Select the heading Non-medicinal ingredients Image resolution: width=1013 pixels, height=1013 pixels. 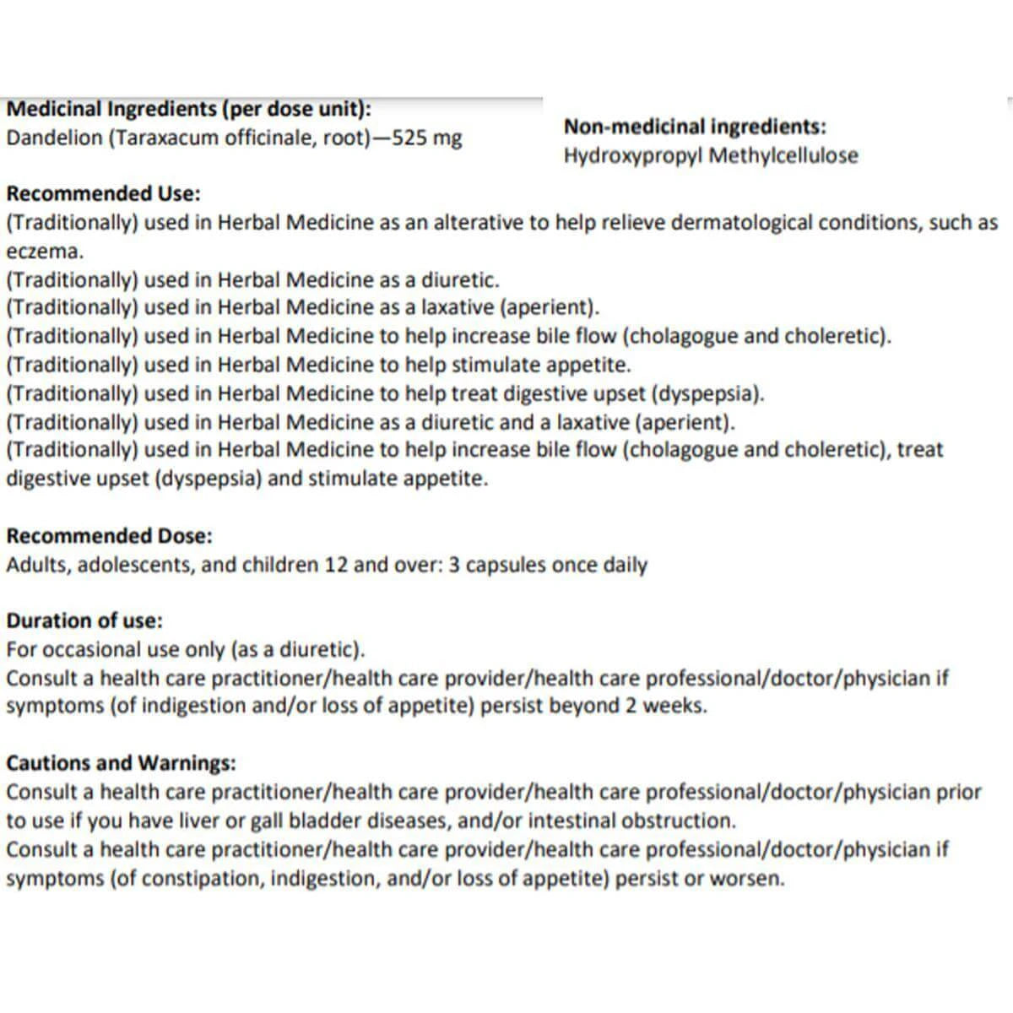click(695, 127)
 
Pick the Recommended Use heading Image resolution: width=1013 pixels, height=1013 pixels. click(103, 193)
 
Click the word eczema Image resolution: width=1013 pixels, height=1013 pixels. click(44, 252)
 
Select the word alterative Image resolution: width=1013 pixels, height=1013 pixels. click(480, 223)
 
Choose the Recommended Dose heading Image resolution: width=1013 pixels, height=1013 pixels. click(109, 536)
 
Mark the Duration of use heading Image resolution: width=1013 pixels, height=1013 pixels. click(84, 620)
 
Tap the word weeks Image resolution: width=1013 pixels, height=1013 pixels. click(675, 706)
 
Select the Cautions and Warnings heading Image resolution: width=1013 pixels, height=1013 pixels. click(121, 763)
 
